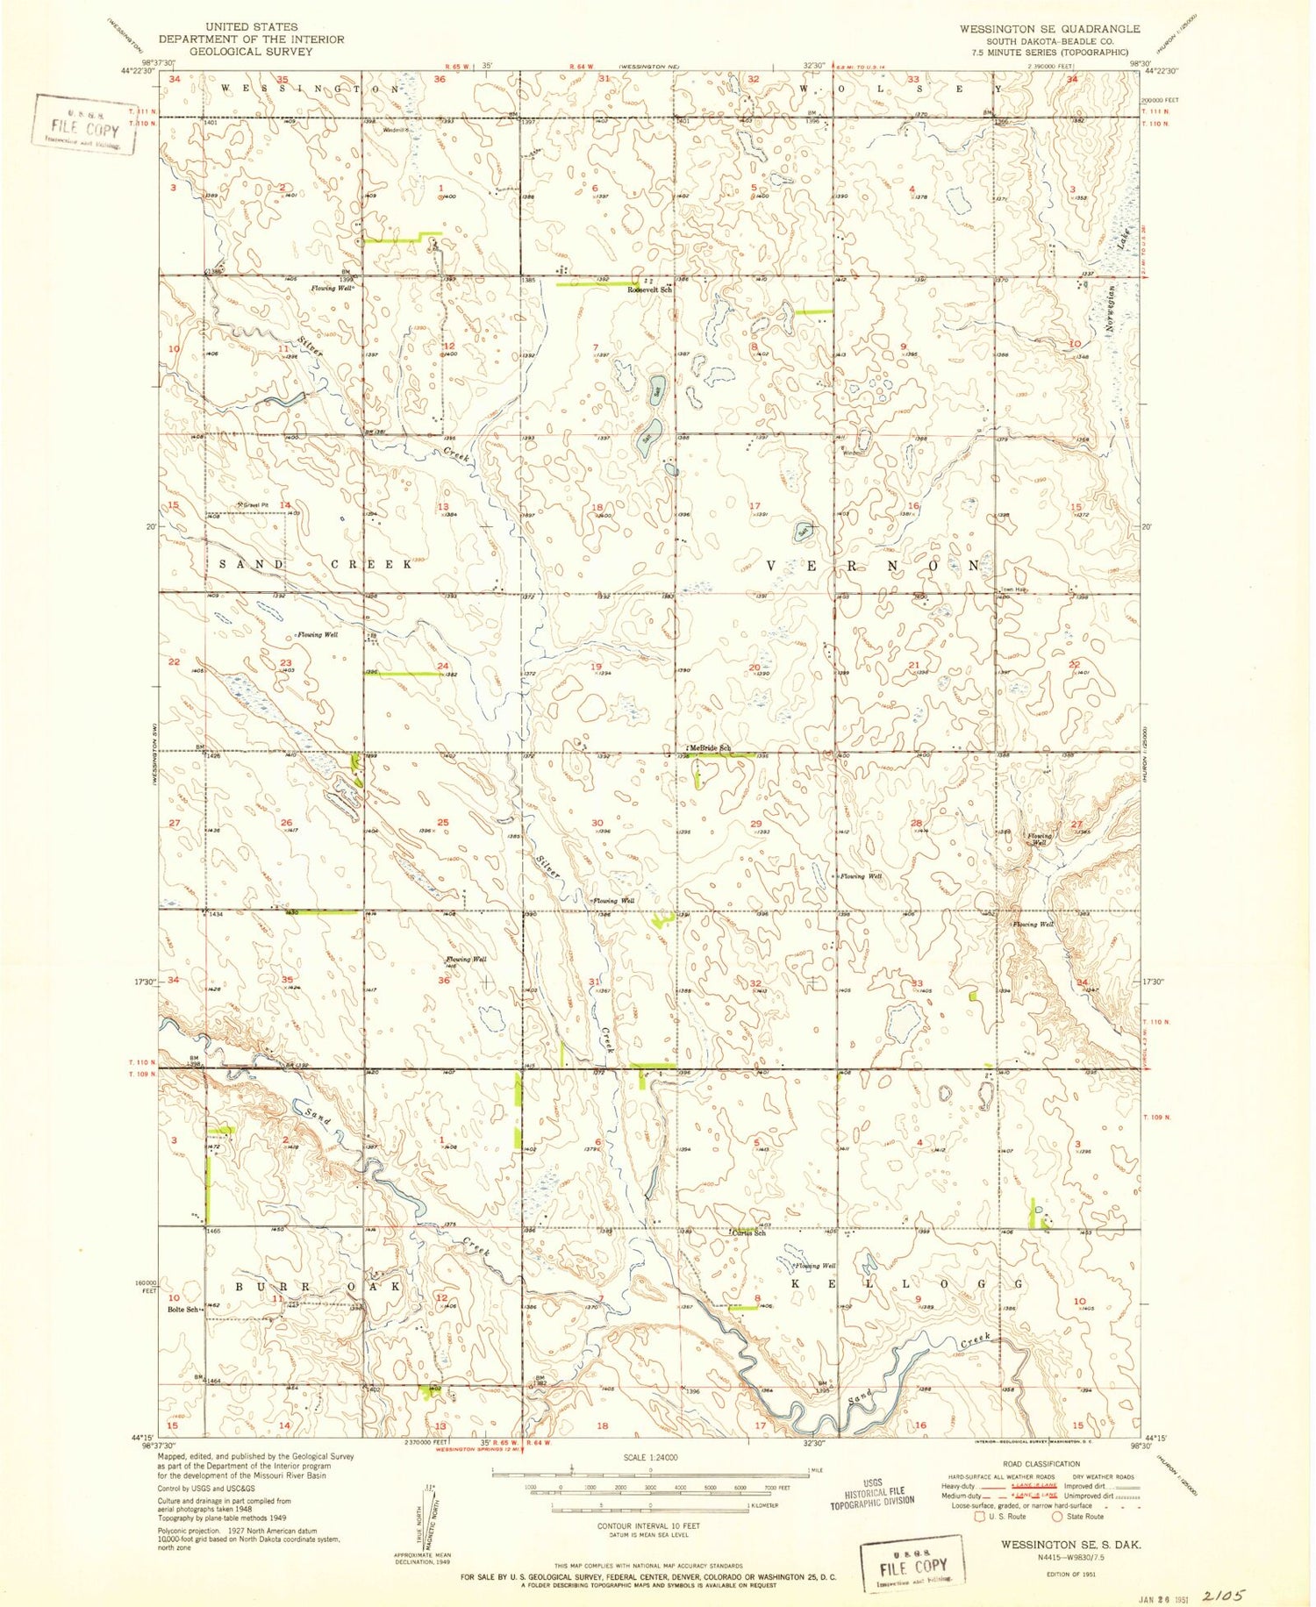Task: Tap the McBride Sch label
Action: [709, 747]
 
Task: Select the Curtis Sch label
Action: [750, 1233]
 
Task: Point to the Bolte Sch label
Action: [181, 1310]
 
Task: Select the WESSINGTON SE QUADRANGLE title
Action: [1049, 29]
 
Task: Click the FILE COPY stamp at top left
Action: [85, 125]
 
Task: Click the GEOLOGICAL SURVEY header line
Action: [251, 52]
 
